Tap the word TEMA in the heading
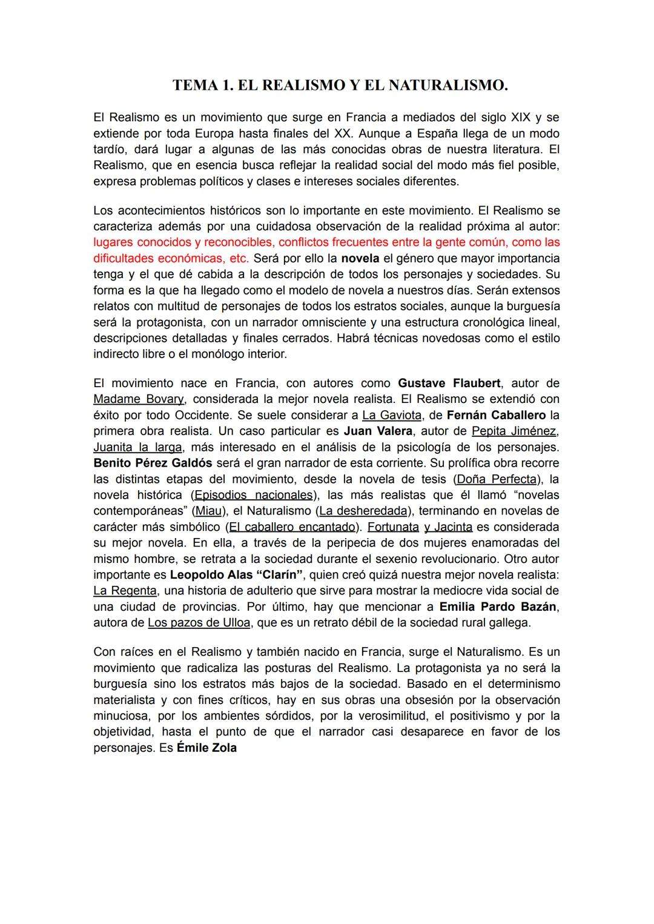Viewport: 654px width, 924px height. coord(192,85)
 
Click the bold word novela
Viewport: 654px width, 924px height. coord(360,258)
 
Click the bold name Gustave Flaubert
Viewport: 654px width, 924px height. coord(449,383)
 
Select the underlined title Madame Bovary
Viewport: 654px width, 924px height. coord(139,399)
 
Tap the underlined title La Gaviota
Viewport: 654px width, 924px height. coord(392,415)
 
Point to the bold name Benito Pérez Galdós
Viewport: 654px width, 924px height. coord(153,463)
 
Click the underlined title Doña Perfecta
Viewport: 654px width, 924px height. coord(497,479)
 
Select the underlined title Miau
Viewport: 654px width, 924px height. coord(208,511)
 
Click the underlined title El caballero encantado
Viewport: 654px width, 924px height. coord(291,527)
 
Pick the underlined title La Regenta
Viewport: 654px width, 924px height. coord(125,591)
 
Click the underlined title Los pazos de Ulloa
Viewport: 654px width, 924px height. coord(199,623)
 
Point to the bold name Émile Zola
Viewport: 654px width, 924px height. coord(206,748)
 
